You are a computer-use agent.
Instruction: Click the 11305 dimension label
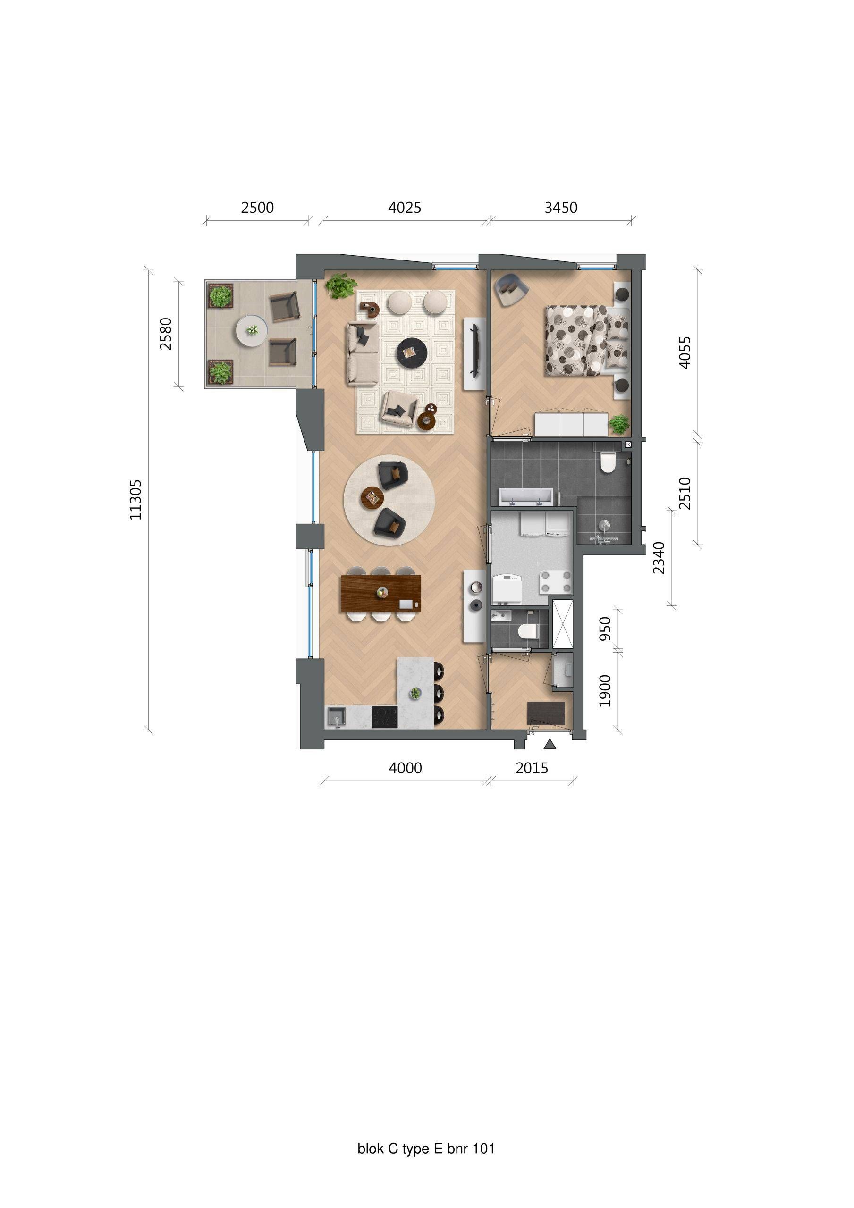tap(136, 499)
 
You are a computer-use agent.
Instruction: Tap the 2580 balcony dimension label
tap(166, 334)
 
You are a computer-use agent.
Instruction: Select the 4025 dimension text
tap(405, 208)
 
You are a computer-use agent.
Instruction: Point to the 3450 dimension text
tap(561, 208)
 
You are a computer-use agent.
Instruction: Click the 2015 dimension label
tap(532, 768)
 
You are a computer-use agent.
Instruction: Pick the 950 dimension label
tap(606, 629)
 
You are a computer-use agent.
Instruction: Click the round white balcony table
tap(252, 330)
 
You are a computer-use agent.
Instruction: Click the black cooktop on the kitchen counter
tap(384, 717)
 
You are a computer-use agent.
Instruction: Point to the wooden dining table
tap(380, 594)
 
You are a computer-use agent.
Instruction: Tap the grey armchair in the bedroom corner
tap(510, 288)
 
